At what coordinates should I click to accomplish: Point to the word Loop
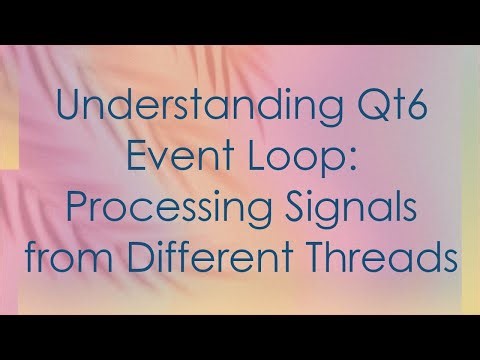(282, 161)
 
